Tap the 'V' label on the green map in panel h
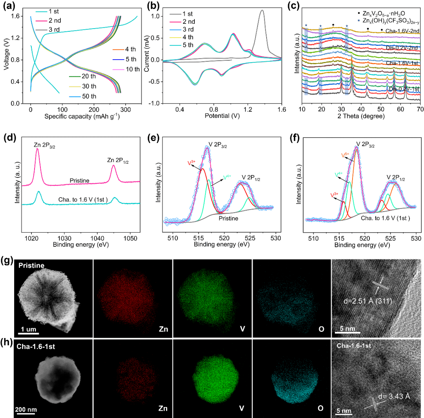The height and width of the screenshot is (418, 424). click(243, 408)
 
